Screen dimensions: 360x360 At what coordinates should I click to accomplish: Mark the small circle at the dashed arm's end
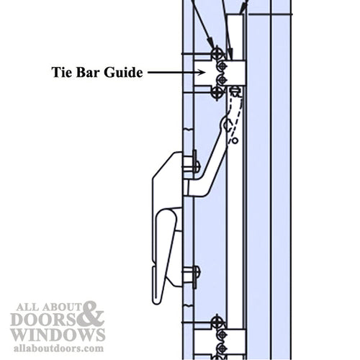(x=233, y=141)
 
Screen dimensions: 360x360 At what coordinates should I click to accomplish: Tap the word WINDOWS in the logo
(x=57, y=335)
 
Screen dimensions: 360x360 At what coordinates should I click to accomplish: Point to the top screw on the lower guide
(x=217, y=320)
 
